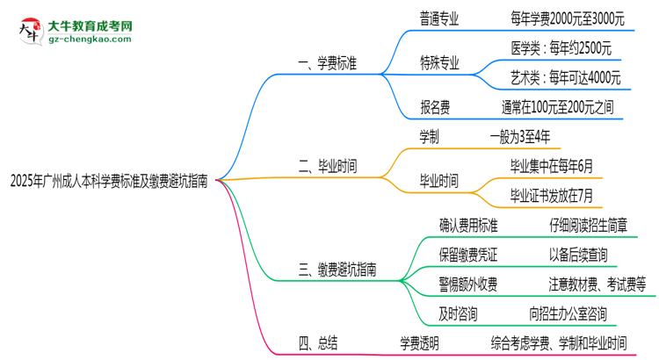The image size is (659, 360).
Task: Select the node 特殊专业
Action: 439,61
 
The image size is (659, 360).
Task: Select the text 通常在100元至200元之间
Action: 558,108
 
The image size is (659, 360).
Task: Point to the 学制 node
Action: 431,136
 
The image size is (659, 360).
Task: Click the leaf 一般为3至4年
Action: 520,136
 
